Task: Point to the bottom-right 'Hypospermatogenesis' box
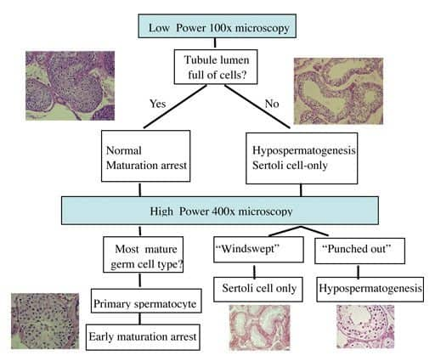pyautogui.click(x=370, y=289)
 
